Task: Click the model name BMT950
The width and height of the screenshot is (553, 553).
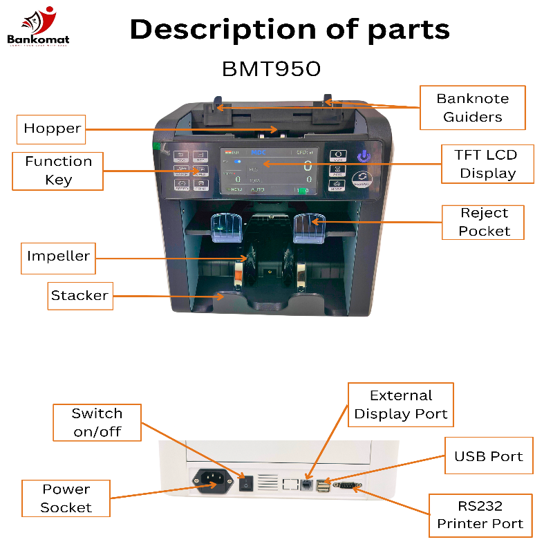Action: point(271,69)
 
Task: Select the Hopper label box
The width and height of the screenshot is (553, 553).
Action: point(52,129)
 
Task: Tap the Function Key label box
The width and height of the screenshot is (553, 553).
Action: point(58,171)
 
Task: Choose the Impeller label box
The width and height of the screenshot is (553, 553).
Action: point(58,256)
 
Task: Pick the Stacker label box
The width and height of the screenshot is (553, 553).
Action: point(79,296)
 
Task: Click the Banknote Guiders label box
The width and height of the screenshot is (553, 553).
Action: point(472,108)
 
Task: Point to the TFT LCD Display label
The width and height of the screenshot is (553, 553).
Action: point(485,164)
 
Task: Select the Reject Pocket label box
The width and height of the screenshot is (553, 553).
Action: point(483,223)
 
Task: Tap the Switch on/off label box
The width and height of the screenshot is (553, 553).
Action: point(97,423)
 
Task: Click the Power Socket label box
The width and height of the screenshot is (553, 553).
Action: point(66,498)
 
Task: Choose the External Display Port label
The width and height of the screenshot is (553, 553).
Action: point(401,405)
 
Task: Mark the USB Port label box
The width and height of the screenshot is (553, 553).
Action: point(488,456)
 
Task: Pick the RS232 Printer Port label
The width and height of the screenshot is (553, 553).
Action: point(480,515)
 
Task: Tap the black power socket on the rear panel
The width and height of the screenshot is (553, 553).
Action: point(211,480)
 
